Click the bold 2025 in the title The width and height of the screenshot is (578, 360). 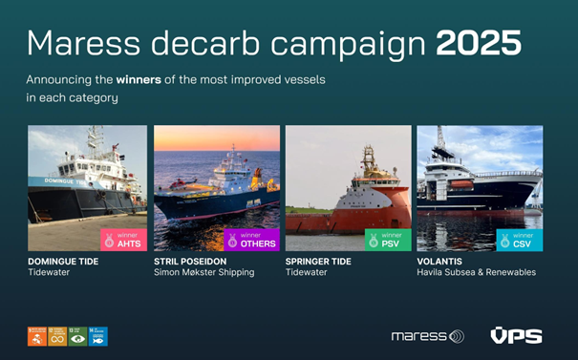click(x=480, y=43)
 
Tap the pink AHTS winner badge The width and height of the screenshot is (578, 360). click(x=123, y=240)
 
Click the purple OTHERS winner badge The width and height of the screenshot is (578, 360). click(x=251, y=240)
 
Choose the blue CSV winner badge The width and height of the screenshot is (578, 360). click(x=519, y=240)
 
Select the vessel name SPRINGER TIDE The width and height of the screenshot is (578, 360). click(x=318, y=261)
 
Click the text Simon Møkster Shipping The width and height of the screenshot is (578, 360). click(x=204, y=273)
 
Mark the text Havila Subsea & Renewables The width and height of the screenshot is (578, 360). click(x=476, y=273)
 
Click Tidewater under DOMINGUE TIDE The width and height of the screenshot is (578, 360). click(x=50, y=273)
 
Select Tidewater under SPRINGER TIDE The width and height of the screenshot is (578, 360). click(x=307, y=273)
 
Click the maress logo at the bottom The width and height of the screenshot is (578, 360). click(x=427, y=336)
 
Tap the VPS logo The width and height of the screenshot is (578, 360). click(x=516, y=336)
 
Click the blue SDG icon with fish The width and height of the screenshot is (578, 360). click(x=98, y=336)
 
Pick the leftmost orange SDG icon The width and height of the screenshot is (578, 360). click(x=36, y=336)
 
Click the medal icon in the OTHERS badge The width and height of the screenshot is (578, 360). click(x=232, y=241)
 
